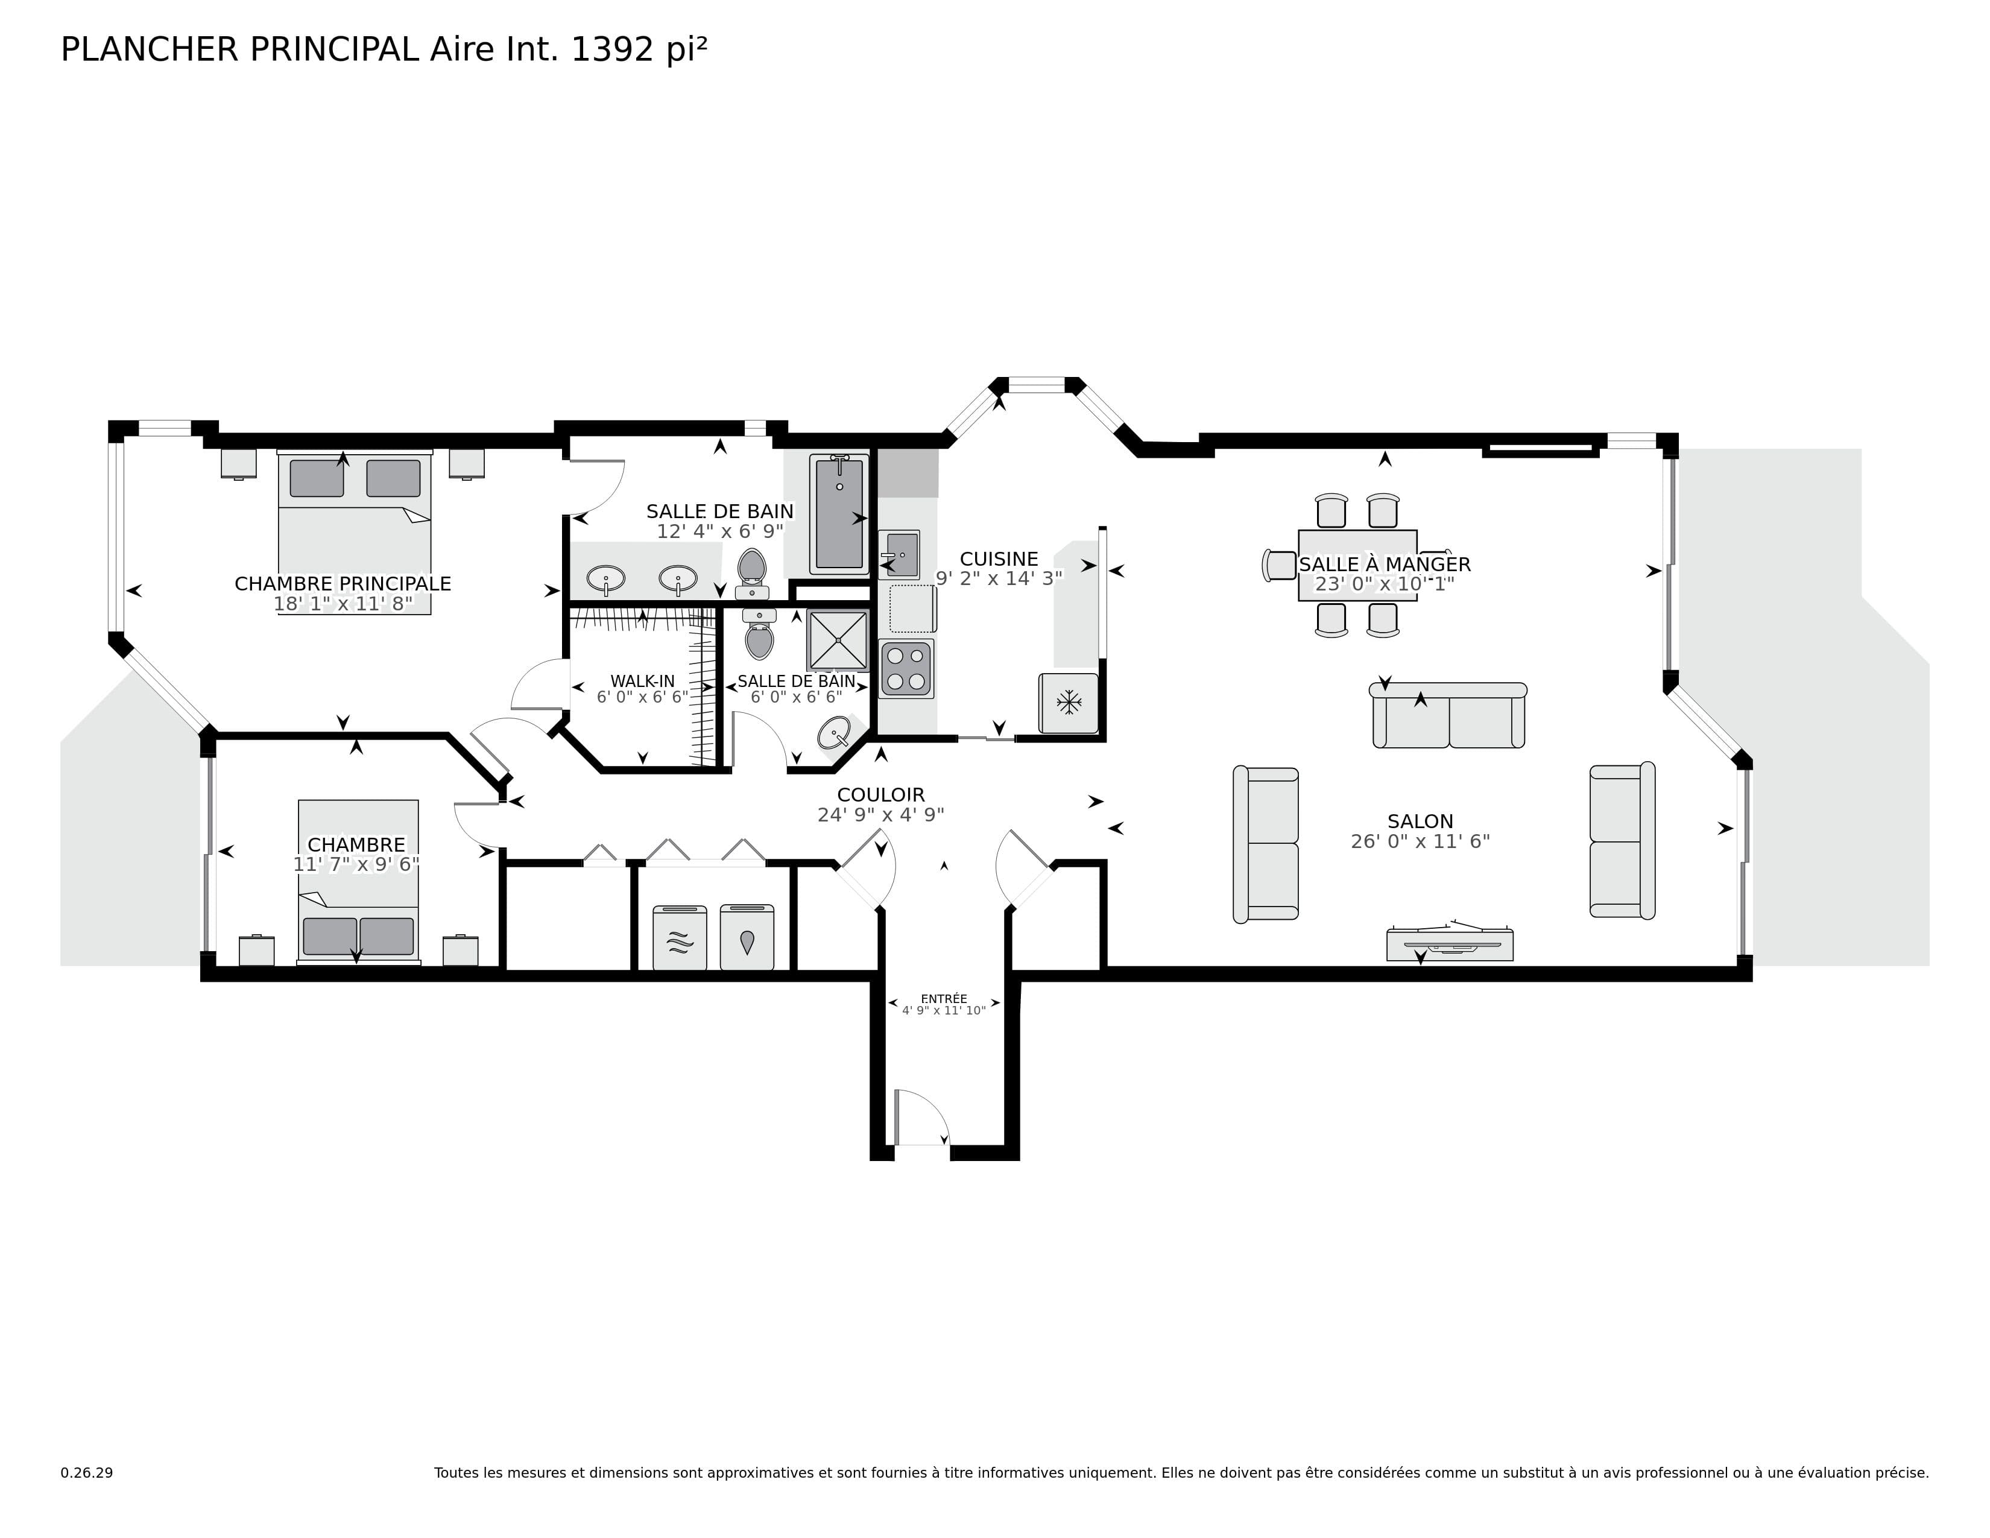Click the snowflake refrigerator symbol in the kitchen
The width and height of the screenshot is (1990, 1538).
pyautogui.click(x=1068, y=703)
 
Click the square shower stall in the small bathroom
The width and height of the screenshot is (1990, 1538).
pyautogui.click(x=838, y=639)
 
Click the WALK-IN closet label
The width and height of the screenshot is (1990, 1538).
pyautogui.click(x=642, y=680)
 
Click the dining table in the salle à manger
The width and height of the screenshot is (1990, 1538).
pyautogui.click(x=1357, y=565)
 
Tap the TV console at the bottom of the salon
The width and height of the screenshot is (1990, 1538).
pyautogui.click(x=1448, y=945)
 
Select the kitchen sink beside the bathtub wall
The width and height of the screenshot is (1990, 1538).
pyautogui.click(x=899, y=554)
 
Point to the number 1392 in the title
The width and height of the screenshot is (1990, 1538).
pyautogui.click(x=612, y=49)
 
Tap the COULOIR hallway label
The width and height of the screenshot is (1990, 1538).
pyautogui.click(x=880, y=794)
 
